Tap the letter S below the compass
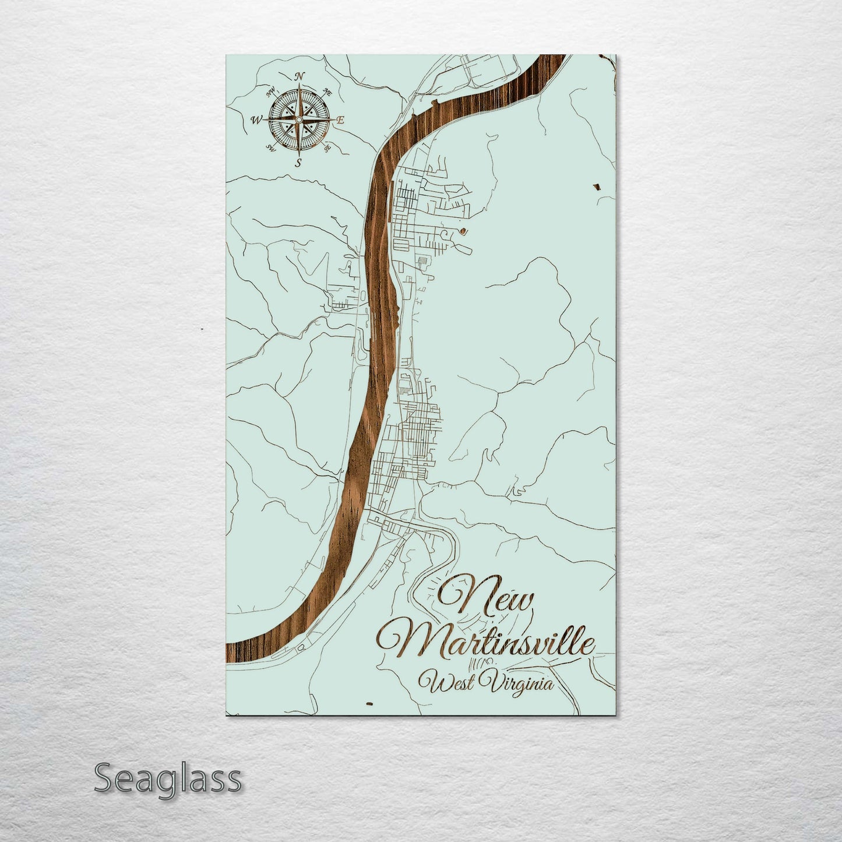pos(298,163)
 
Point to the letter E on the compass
pos(341,120)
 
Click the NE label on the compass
pos(327,91)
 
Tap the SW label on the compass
pos(271,147)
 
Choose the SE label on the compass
pos(327,148)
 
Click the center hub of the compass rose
pos(298,119)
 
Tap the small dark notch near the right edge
pos(596,187)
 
